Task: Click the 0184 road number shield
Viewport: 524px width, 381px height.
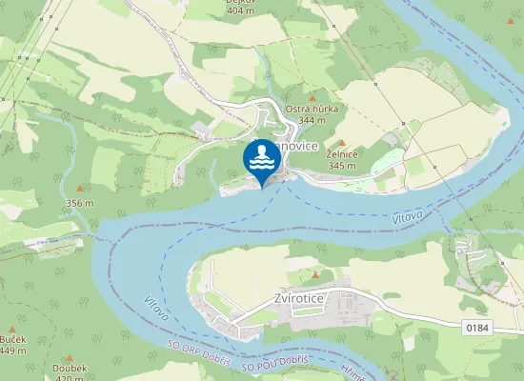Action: tap(478, 328)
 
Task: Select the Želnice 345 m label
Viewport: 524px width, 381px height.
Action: tap(341, 159)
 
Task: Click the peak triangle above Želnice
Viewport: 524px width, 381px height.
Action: tap(341, 142)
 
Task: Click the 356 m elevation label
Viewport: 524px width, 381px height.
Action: tap(80, 203)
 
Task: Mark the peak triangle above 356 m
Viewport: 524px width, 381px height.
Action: tap(80, 189)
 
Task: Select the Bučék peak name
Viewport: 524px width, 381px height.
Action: tap(13, 340)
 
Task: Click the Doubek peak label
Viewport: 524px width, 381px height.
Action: tap(71, 368)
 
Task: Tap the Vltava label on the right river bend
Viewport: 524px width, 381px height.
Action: tap(407, 220)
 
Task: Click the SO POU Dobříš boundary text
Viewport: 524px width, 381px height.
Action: tap(274, 362)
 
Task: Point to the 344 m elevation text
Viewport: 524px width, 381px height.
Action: tap(312, 121)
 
